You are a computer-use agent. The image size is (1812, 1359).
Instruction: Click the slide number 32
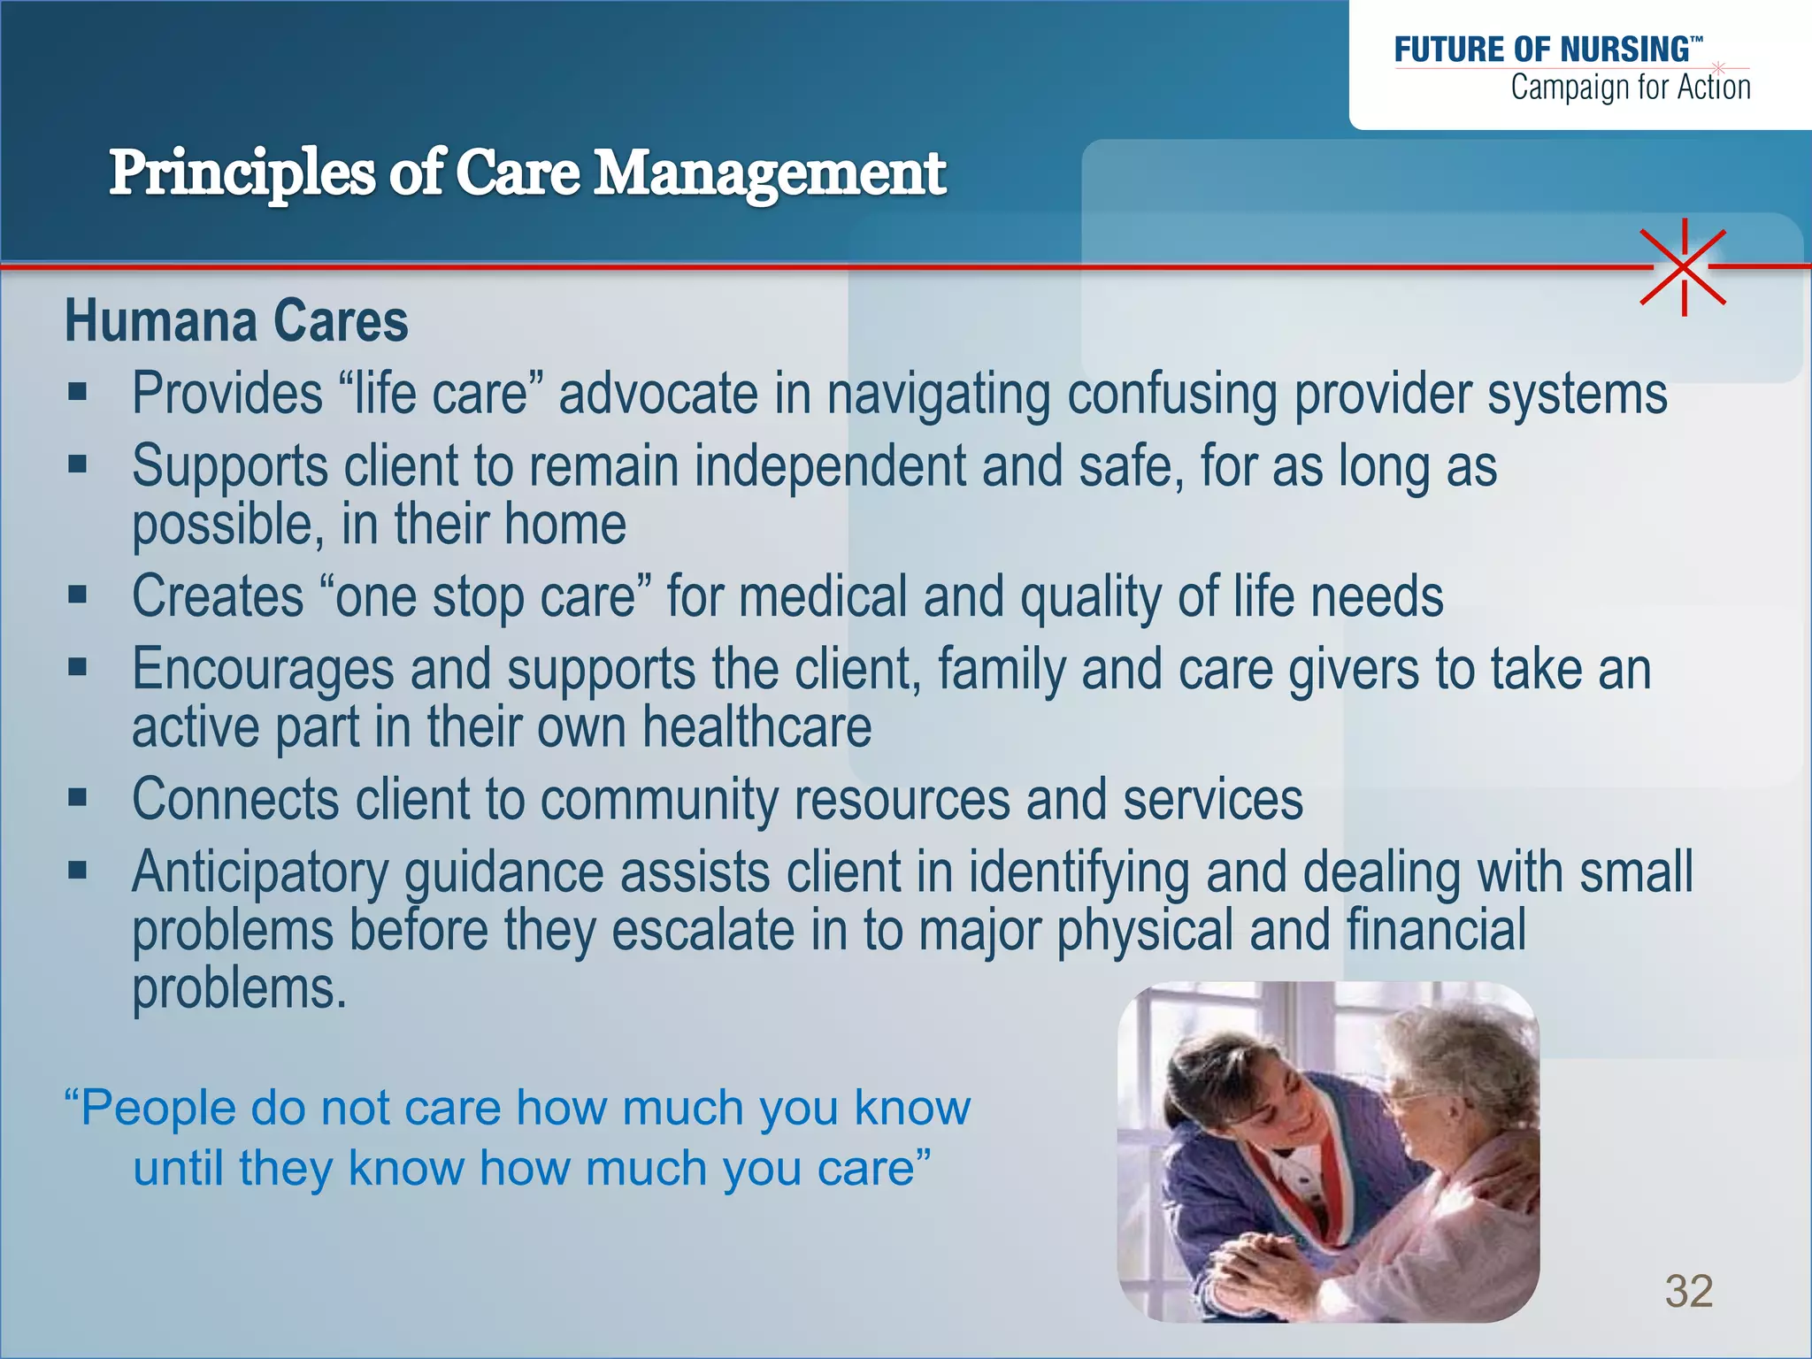pyautogui.click(x=1688, y=1291)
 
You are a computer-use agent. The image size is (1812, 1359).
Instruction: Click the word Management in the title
pyautogui.click(x=769, y=173)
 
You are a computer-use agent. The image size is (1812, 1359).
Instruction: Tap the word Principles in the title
pyautogui.click(x=242, y=173)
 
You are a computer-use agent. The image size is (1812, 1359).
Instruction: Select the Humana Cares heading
pyautogui.click(x=236, y=320)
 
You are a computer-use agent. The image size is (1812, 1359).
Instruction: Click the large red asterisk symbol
pyautogui.click(x=1683, y=266)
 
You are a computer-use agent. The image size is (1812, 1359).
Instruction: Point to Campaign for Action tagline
pyautogui.click(x=1630, y=88)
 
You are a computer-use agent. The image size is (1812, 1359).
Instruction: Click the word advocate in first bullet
pyautogui.click(x=657, y=393)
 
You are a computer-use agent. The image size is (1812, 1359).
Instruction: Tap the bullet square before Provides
pyautogui.click(x=78, y=391)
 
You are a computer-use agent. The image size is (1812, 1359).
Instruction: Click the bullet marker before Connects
pyautogui.click(x=78, y=798)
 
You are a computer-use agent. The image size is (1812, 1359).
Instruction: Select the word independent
pyautogui.click(x=829, y=465)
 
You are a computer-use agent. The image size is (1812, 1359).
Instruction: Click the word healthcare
pyautogui.click(x=756, y=727)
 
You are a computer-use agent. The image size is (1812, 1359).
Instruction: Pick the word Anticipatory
pyautogui.click(x=260, y=872)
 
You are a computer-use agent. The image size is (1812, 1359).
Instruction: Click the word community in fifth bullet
pyautogui.click(x=659, y=800)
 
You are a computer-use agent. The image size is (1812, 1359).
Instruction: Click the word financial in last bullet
pyautogui.click(x=1435, y=931)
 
